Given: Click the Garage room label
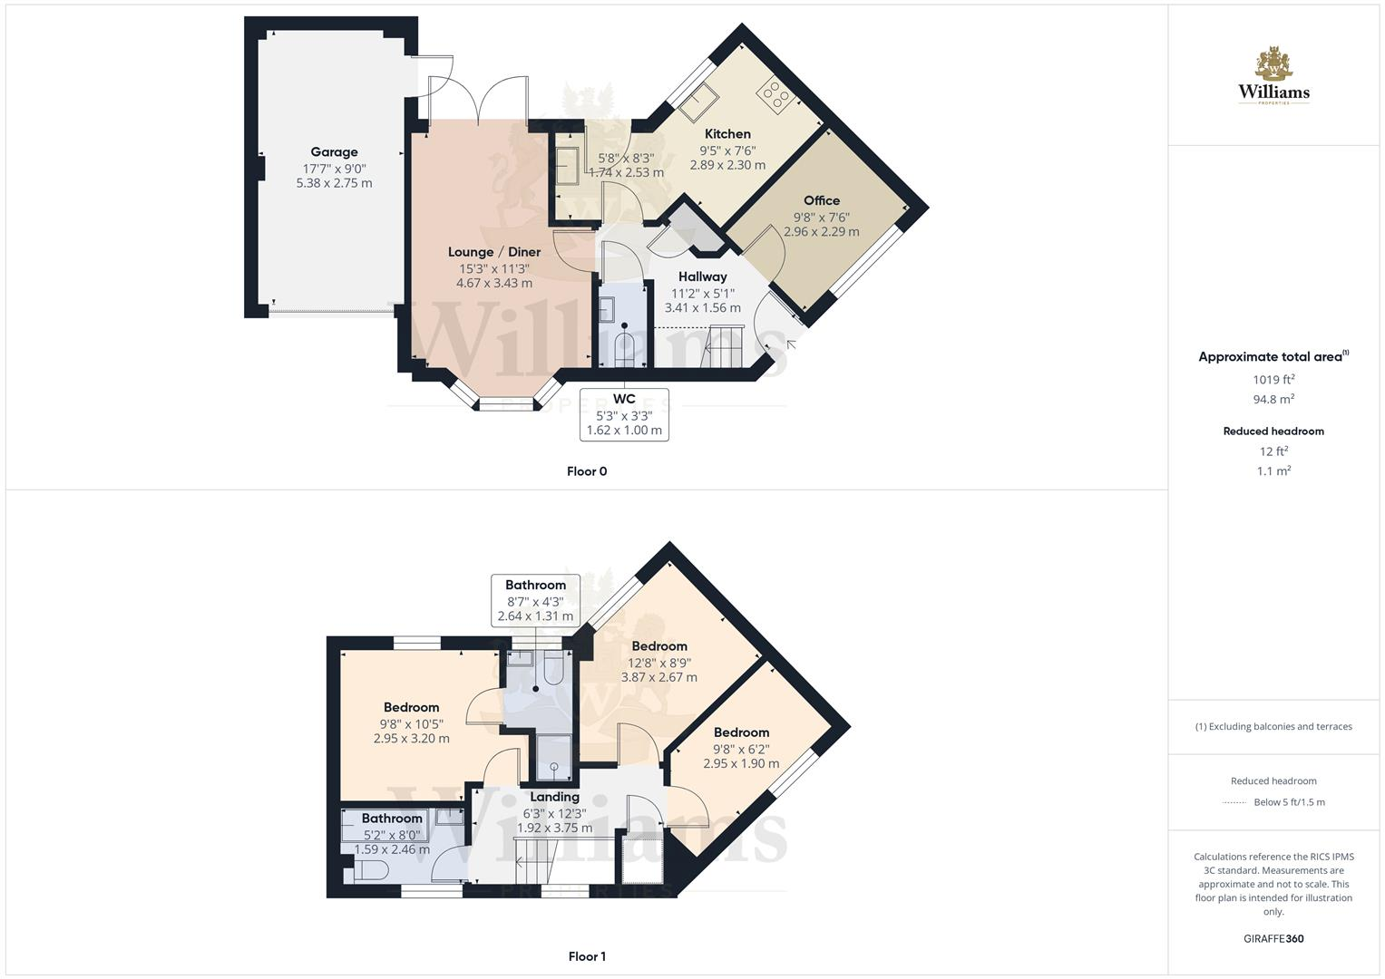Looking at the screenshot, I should [x=334, y=152].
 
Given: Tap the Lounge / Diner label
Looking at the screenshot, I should [x=494, y=252].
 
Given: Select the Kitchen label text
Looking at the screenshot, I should [x=727, y=133].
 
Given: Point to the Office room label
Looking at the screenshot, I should [x=821, y=200].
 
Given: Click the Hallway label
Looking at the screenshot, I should [x=702, y=276].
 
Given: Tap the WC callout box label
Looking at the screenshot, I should [x=624, y=399].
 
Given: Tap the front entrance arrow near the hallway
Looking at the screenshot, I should [x=791, y=344].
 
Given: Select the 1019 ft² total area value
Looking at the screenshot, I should [x=1273, y=380].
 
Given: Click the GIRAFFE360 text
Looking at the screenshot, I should [x=1273, y=938].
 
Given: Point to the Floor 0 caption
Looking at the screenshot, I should [x=587, y=471].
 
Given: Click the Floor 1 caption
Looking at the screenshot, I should [x=587, y=956].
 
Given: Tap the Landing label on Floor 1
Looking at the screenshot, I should [x=554, y=797].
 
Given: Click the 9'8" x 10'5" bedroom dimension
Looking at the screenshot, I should [x=411, y=723].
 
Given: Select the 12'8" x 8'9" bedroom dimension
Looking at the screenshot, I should [x=659, y=662].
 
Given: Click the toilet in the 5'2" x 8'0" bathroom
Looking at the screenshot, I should [x=370, y=870].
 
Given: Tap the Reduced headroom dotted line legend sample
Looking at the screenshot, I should [x=1234, y=802].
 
